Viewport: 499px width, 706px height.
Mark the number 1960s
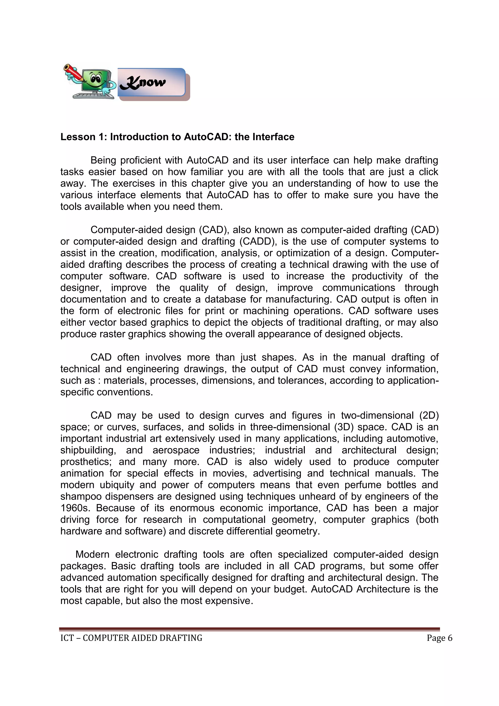tap(75, 508)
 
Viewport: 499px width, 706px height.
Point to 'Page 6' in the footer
tap(439, 638)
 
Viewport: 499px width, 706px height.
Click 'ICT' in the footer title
tap(67, 638)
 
